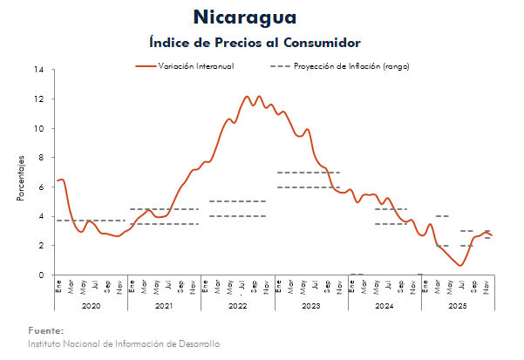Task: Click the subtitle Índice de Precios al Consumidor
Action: (x=255, y=42)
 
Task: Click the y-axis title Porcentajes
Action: (x=20, y=178)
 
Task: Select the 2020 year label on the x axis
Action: (x=91, y=306)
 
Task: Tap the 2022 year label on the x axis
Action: (x=237, y=306)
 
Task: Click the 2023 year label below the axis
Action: (x=310, y=306)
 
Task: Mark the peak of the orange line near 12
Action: (x=248, y=96)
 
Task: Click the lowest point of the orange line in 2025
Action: (x=460, y=265)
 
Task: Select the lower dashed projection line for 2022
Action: (x=237, y=216)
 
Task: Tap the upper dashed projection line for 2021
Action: (x=164, y=209)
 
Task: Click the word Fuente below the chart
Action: (x=45, y=331)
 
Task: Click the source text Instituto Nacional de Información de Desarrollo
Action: (x=123, y=343)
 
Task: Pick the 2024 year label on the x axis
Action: (x=384, y=306)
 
